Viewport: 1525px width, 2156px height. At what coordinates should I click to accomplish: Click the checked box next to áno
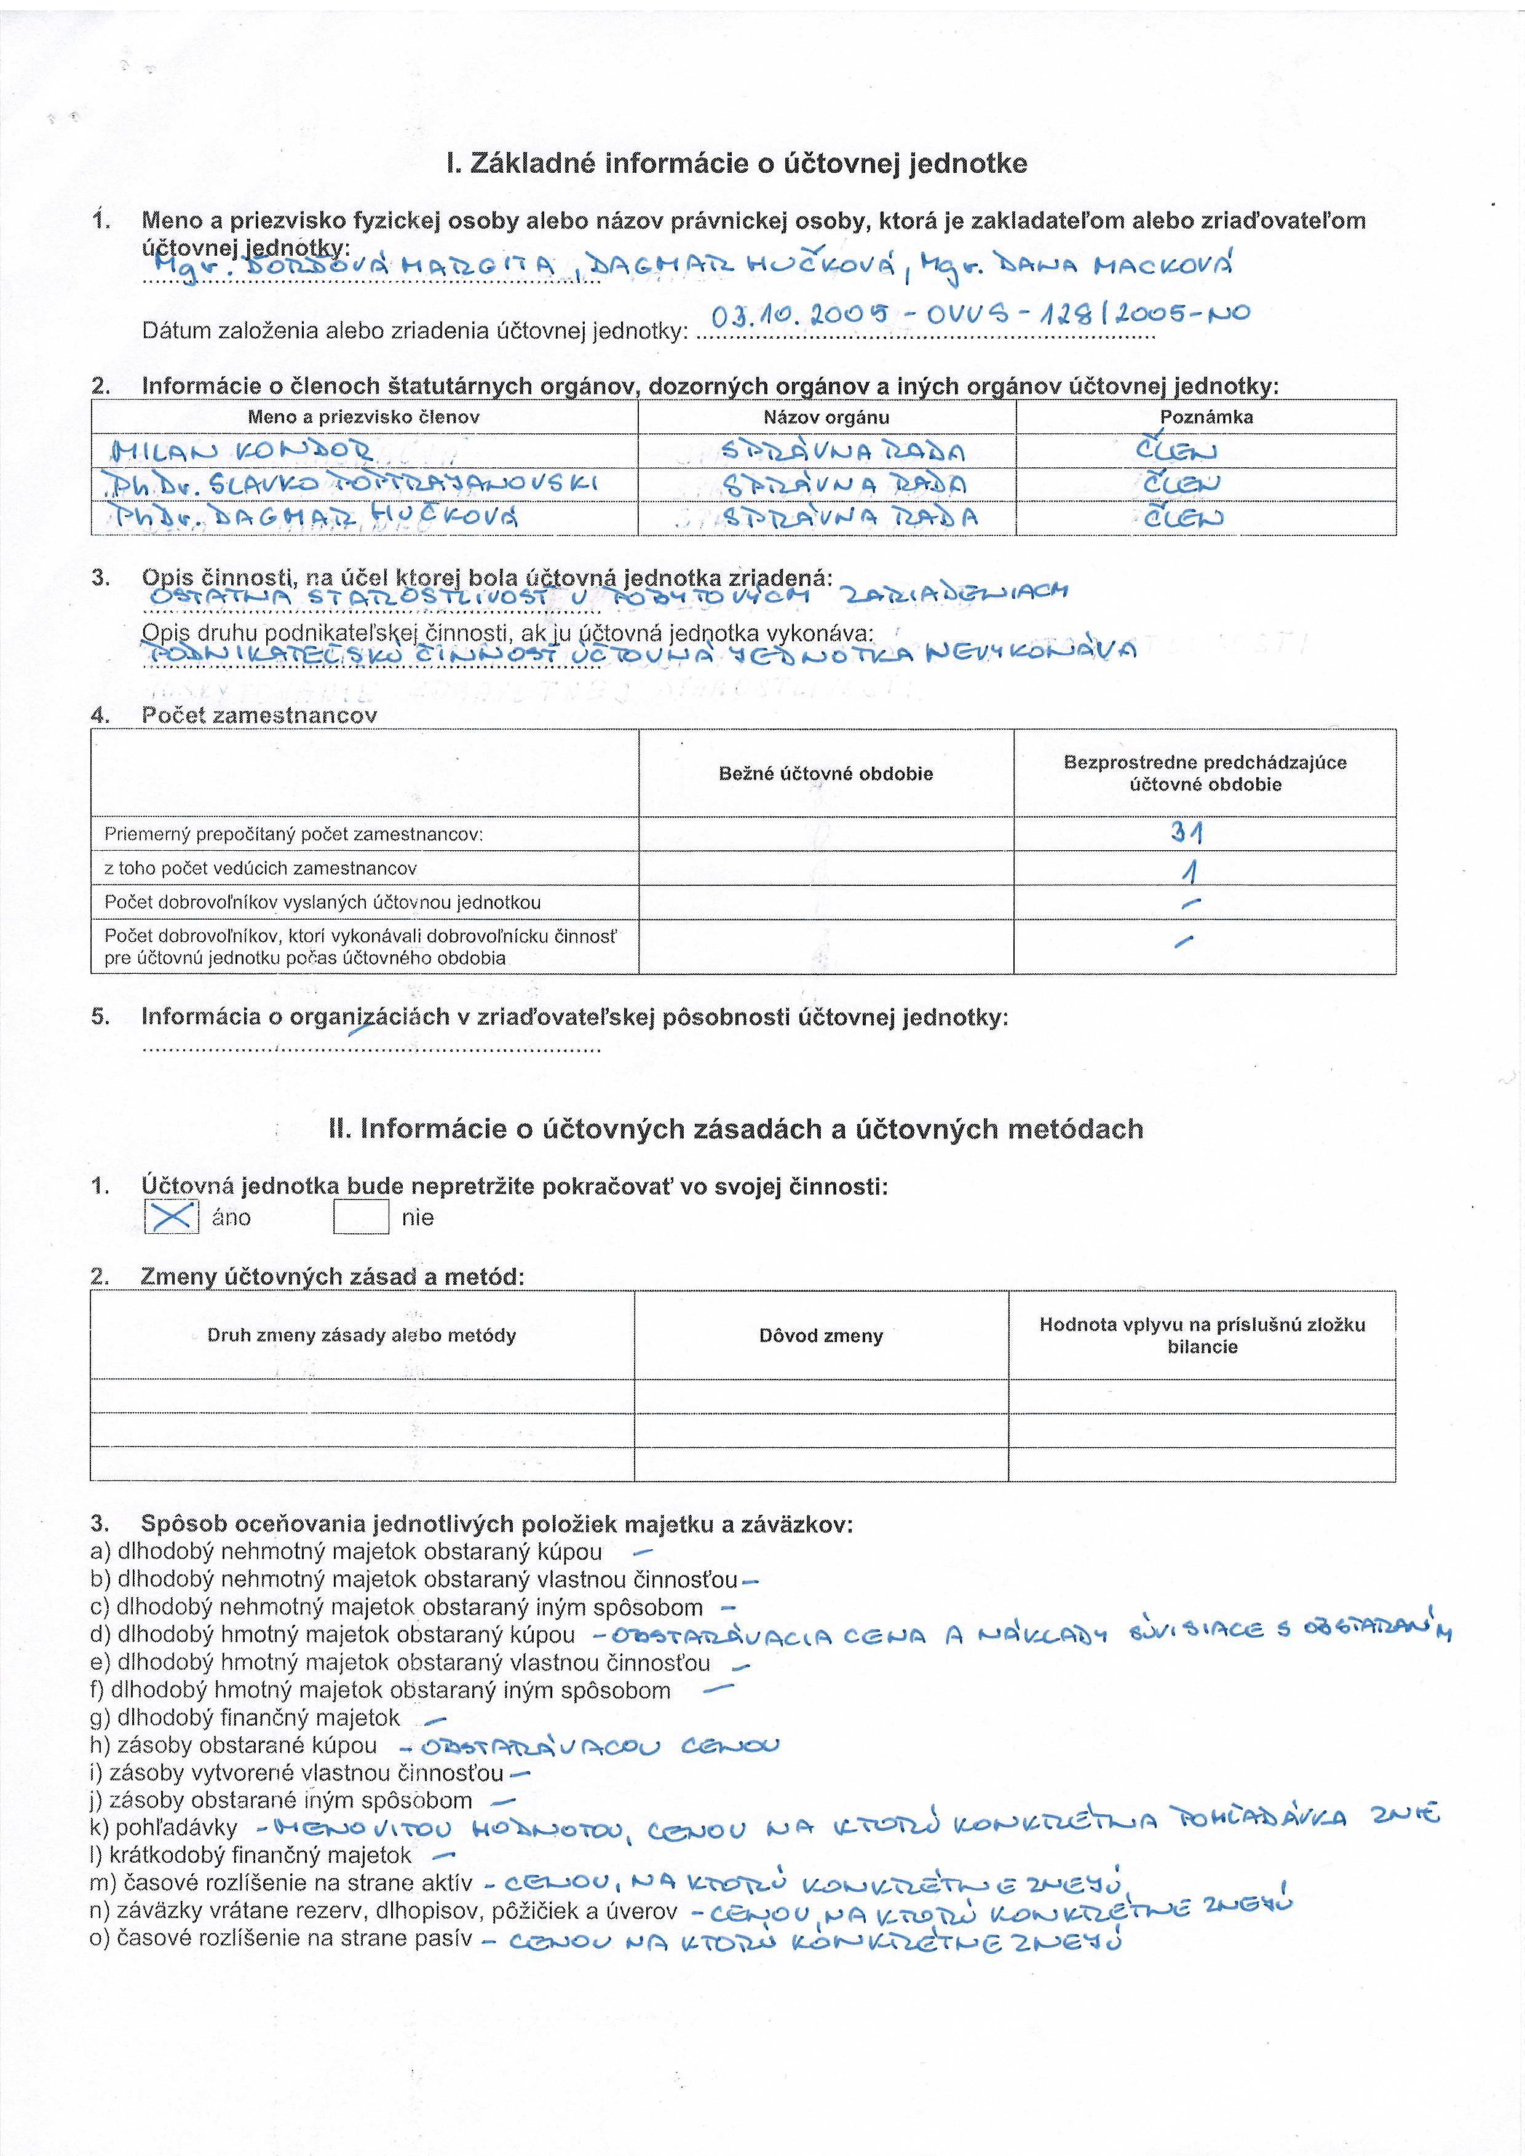coord(172,1217)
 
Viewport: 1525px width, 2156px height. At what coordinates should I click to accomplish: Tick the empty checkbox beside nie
coord(362,1217)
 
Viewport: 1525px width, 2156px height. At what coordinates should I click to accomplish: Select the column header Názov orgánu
coord(826,417)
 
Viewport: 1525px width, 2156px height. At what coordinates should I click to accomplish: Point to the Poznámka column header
coord(1206,417)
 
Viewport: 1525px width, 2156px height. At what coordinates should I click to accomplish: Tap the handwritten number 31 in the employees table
coord(1187,832)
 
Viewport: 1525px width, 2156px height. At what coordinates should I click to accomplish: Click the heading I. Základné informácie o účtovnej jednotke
coord(737,164)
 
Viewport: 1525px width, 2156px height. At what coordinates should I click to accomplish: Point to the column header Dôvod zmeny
coord(821,1335)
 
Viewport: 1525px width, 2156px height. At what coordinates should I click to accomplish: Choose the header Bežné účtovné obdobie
coord(825,774)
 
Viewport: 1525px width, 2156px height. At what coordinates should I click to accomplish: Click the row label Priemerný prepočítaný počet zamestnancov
coord(294,834)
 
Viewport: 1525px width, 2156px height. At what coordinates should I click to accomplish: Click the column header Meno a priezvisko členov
coord(363,417)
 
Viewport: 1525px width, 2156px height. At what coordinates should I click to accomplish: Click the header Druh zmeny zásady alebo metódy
coord(362,1335)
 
